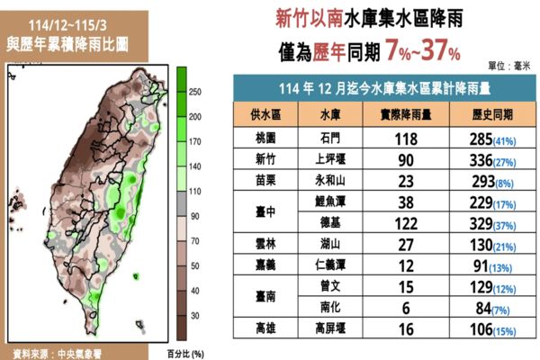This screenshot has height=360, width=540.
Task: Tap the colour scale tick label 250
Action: (194, 91)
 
